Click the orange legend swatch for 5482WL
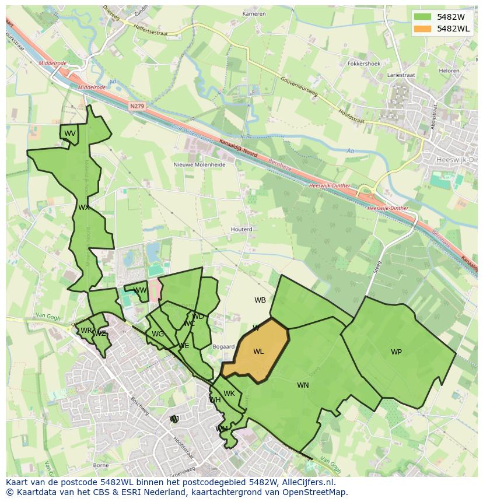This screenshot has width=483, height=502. click(x=423, y=29)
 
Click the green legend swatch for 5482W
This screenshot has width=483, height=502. click(x=423, y=17)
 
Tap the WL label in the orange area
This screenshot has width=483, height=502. click(x=258, y=352)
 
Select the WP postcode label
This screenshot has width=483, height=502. click(x=396, y=352)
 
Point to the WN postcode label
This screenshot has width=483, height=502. click(x=303, y=385)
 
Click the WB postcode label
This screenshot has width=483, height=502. click(x=260, y=300)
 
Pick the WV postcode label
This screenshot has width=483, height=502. click(x=70, y=134)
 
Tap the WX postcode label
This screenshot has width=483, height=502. click(x=84, y=207)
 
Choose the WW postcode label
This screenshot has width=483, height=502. click(x=140, y=290)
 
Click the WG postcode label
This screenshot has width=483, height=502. click(x=157, y=334)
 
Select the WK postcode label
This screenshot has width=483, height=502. click(x=229, y=394)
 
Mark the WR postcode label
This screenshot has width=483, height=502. click(x=86, y=331)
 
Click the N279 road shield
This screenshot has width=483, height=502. click(x=137, y=106)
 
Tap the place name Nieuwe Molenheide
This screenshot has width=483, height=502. click(x=199, y=164)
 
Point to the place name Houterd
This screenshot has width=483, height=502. click(x=242, y=229)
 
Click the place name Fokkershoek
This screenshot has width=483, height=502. click(x=363, y=63)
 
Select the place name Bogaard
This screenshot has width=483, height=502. click(x=223, y=347)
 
